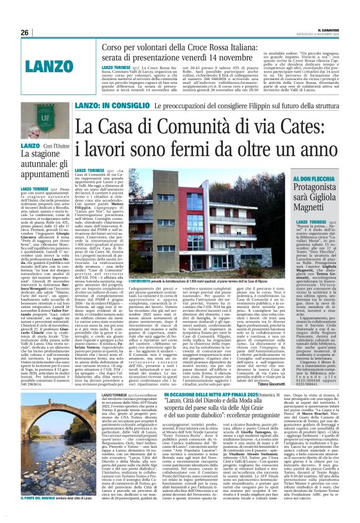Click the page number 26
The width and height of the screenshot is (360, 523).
tap(25, 32)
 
